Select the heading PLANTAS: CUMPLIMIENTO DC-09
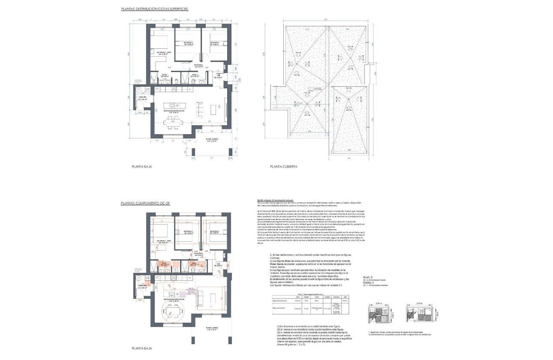(146, 203)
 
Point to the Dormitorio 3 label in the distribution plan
(214, 44)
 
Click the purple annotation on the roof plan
(317, 89)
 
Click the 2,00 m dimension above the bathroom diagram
(378, 303)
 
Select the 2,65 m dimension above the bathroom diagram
(419, 303)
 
